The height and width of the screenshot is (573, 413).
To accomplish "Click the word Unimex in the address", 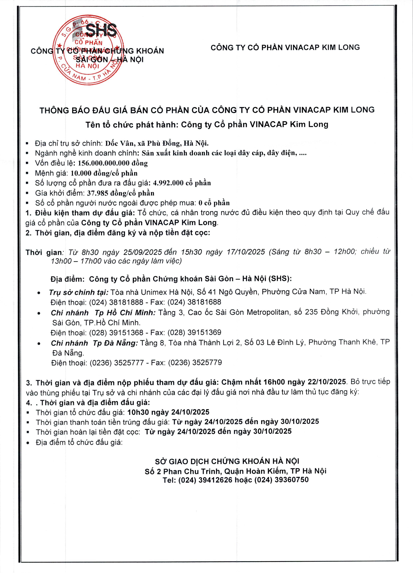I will point(154,292).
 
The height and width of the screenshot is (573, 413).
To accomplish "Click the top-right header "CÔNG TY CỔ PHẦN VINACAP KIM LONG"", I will point(285,47).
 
